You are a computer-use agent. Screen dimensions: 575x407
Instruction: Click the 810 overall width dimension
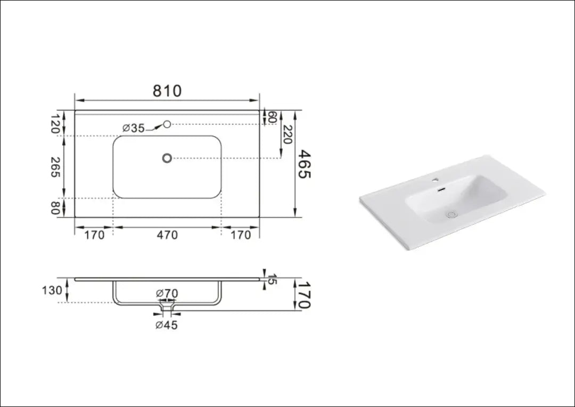click(x=167, y=91)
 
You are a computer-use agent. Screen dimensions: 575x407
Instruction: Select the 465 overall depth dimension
click(x=304, y=164)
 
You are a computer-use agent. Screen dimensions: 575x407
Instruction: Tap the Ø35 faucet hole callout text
click(x=134, y=128)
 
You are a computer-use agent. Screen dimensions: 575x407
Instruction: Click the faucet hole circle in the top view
click(x=167, y=124)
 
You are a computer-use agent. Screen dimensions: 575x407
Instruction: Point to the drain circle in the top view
click(x=167, y=158)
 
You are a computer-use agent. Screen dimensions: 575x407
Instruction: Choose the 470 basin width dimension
click(x=167, y=235)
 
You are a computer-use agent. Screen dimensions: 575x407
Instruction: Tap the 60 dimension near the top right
click(x=272, y=117)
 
